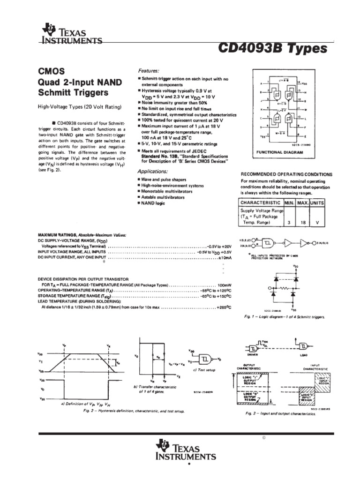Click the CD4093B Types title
272,48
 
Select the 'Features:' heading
149,69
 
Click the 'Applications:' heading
154,172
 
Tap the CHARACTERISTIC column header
261,202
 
